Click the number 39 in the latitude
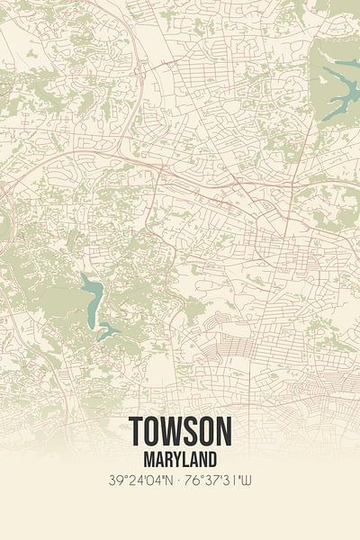(112, 481)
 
